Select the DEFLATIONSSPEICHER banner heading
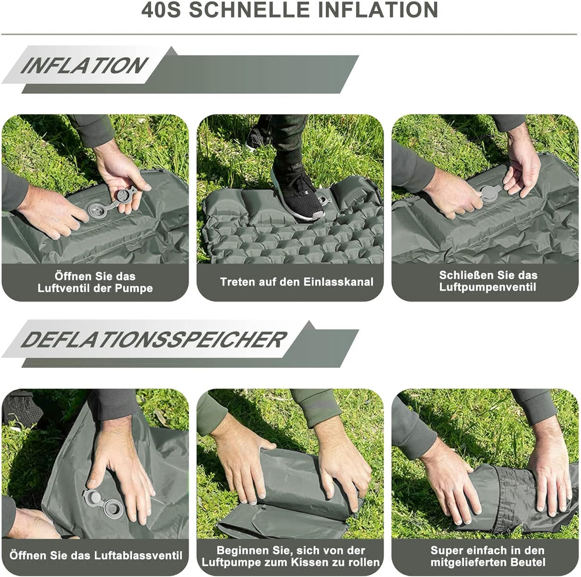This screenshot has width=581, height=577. pos(153,340)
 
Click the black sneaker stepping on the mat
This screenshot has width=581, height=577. pos(296,194)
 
